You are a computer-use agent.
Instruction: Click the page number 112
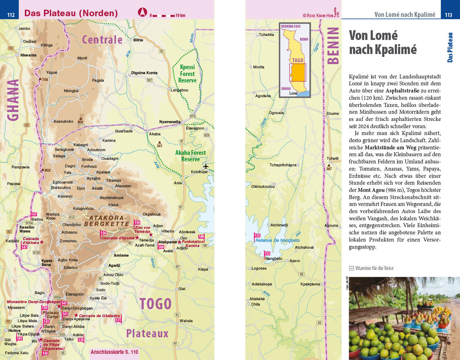[x=11, y=15]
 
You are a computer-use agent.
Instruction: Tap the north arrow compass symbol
[x=143, y=13]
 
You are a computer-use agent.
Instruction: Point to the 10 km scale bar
[x=168, y=15]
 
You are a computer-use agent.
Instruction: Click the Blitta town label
[x=138, y=40]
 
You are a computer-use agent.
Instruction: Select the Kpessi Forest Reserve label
[x=187, y=73]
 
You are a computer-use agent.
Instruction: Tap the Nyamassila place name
[x=170, y=122]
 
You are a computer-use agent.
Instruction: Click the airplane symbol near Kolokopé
[x=206, y=166]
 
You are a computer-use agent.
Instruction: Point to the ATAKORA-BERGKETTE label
[x=108, y=221]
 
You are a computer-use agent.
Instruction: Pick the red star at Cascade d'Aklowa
[x=42, y=242]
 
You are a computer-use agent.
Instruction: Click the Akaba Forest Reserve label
[x=191, y=156]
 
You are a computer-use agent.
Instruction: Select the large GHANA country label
[x=13, y=100]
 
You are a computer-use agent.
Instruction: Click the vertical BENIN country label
[x=333, y=46]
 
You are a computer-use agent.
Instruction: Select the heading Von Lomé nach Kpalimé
[x=383, y=42]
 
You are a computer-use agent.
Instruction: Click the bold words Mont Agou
[x=371, y=190]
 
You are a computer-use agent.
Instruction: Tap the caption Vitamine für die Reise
[x=374, y=268]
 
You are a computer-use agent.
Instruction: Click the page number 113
[x=448, y=15]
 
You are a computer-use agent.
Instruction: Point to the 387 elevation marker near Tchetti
[x=329, y=169]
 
